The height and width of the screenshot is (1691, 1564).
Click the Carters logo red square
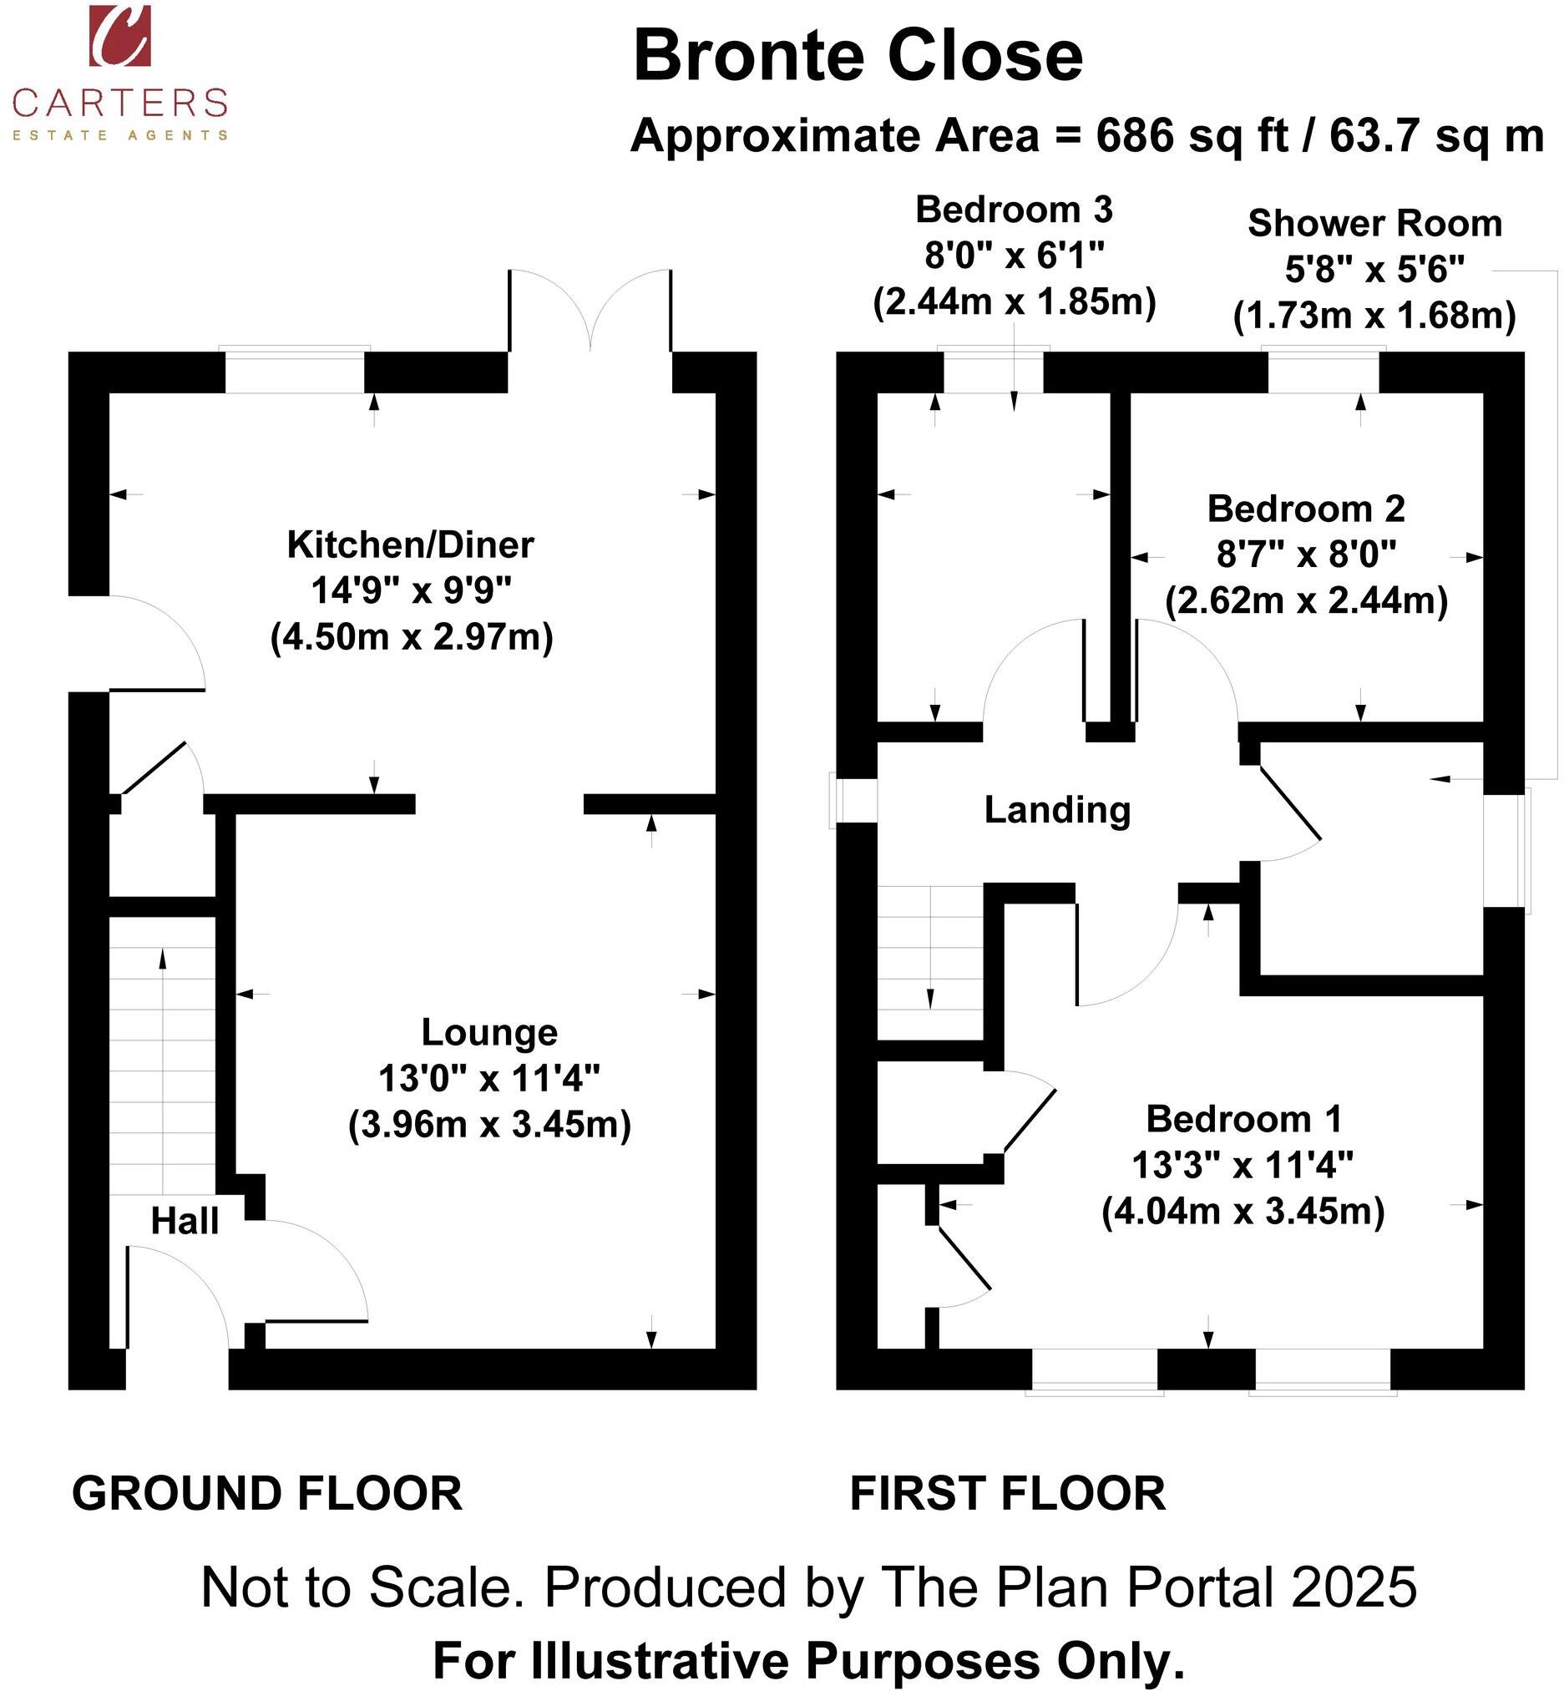(120, 35)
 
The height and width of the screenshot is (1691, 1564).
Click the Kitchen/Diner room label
(411, 545)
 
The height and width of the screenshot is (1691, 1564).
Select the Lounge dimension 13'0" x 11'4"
(489, 1079)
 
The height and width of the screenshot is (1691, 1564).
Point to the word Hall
(185, 1221)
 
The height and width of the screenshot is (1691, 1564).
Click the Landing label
(1057, 810)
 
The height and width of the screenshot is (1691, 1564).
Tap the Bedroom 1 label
(1243, 1119)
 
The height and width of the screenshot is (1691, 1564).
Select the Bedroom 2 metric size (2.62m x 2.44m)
(1306, 601)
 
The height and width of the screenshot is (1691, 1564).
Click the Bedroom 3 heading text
(1014, 209)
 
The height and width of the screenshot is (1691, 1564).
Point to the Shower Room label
(1374, 224)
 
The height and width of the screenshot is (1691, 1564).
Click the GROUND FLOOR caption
(266, 1494)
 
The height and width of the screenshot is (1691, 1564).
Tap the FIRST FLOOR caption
(1007, 1494)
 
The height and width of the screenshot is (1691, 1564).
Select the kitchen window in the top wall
(295, 371)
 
